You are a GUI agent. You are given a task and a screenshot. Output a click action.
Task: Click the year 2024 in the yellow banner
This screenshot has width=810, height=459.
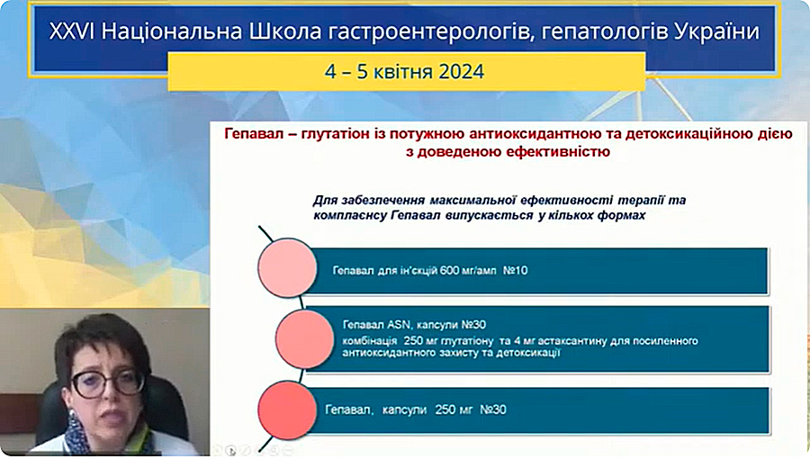pos(462,71)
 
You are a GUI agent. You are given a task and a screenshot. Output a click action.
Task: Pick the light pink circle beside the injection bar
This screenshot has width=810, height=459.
pos(287,267)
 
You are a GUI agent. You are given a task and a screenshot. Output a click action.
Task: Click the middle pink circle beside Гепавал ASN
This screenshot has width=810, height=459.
pos(305,338)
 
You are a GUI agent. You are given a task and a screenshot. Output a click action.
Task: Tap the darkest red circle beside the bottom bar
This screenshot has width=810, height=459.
pos(287,410)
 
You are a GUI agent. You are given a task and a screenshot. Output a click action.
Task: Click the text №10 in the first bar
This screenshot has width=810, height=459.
pos(515,270)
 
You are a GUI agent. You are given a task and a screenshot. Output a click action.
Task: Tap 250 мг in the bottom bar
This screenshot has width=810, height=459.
pos(454,409)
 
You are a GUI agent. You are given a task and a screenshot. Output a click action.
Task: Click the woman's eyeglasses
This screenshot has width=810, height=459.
pos(109,382)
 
